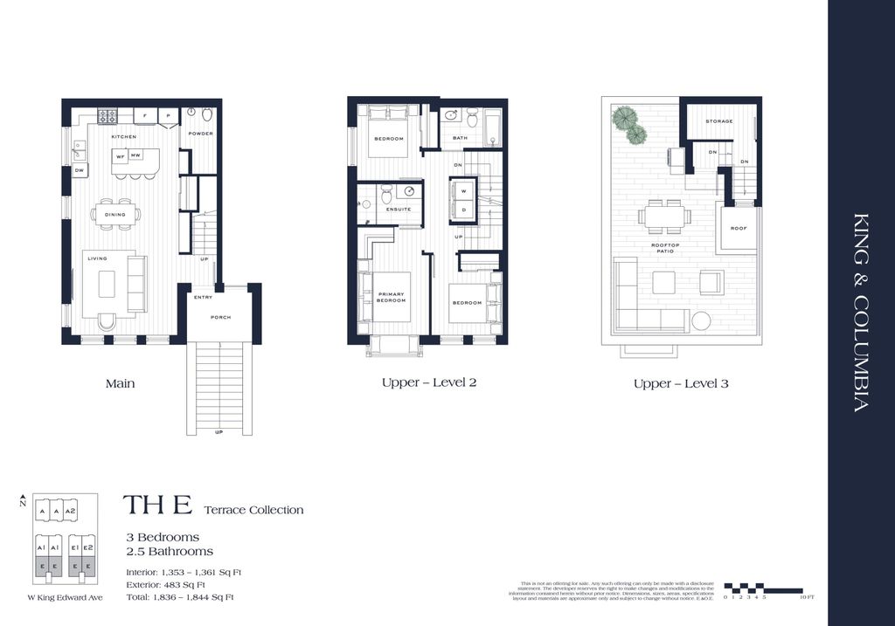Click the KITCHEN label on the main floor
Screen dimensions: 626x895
(x=123, y=138)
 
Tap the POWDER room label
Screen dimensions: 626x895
(x=201, y=134)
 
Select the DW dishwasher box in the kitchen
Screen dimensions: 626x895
(x=79, y=170)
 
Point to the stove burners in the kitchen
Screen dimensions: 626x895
(x=107, y=115)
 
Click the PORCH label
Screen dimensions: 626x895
(x=221, y=317)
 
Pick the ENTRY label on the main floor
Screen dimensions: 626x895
(x=203, y=297)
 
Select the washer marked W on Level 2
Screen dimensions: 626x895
(x=463, y=190)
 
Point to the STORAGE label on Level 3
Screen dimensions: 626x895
(x=719, y=121)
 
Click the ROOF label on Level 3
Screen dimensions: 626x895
(x=738, y=229)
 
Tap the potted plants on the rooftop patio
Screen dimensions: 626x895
(x=629, y=124)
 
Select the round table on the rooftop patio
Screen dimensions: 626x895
(x=701, y=320)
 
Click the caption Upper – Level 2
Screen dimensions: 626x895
(x=428, y=383)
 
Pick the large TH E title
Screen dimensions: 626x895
(x=157, y=506)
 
